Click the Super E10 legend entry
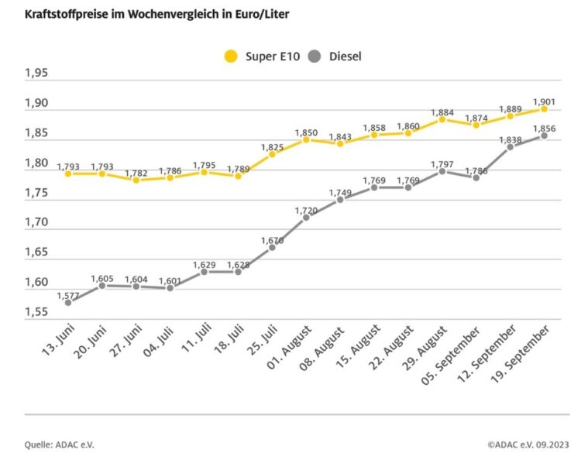coord(263,56)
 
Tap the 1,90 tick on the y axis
coord(36,103)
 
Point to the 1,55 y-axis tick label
coord(36,312)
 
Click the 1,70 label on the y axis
coord(36,222)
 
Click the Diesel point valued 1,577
coord(68,303)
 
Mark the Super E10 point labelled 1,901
coord(545,109)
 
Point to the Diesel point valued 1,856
coord(545,136)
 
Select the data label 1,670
coord(271,239)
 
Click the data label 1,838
coord(509,139)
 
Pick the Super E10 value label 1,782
coord(136,172)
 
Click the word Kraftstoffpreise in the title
coord(58,15)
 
